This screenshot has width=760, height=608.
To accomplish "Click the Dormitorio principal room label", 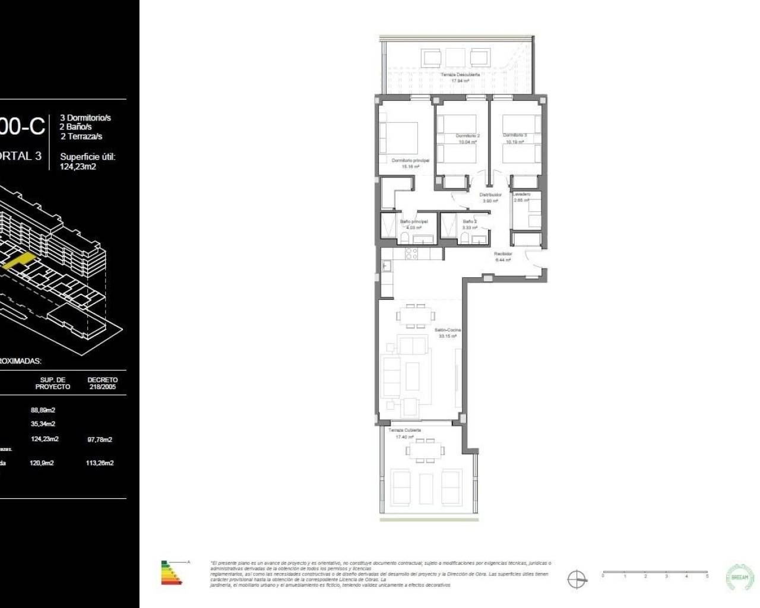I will (x=410, y=160).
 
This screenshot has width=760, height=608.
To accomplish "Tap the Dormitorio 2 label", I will (x=467, y=136).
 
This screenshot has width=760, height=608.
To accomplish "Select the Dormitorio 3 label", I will (x=515, y=135).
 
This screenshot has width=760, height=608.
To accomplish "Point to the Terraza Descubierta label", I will (x=460, y=75).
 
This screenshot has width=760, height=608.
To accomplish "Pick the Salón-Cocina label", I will (x=447, y=330).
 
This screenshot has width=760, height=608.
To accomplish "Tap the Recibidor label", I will (x=503, y=254).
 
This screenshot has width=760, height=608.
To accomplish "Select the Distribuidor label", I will (x=490, y=195).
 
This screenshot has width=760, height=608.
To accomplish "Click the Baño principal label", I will (x=413, y=221).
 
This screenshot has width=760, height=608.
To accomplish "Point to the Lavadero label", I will (x=521, y=194).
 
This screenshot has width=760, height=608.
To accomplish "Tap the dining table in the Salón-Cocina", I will (x=414, y=316).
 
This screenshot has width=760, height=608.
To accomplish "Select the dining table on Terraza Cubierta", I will (x=424, y=451).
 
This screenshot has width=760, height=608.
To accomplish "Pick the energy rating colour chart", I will (x=172, y=572).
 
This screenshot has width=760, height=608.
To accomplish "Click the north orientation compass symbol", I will (x=576, y=579).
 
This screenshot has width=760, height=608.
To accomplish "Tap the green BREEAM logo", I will (x=740, y=576).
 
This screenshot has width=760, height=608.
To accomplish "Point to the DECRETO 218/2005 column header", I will (x=102, y=383).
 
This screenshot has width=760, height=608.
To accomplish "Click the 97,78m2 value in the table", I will (x=99, y=439).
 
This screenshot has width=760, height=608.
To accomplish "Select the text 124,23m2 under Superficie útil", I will (x=78, y=166).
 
